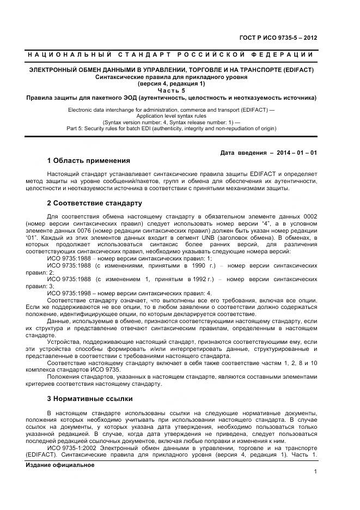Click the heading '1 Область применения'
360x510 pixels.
(88, 161)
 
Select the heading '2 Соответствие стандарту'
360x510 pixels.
(94, 203)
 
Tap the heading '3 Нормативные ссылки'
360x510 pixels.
(90, 398)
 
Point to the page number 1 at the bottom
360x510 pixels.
(315, 472)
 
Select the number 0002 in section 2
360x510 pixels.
(308, 217)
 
